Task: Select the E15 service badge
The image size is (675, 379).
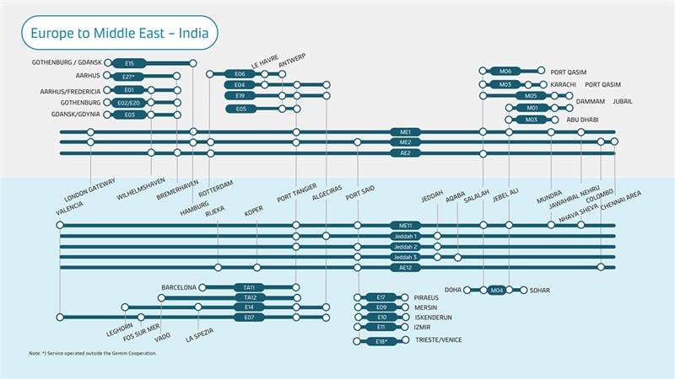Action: (x=130, y=63)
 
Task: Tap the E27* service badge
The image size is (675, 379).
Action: (x=130, y=77)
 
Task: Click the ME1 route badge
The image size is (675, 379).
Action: (x=405, y=132)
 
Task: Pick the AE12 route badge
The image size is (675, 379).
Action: (x=405, y=267)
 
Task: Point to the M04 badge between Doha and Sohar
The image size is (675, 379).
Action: (x=497, y=290)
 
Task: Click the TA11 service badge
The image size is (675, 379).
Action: (x=250, y=287)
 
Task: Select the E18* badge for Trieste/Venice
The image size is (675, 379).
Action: (x=381, y=341)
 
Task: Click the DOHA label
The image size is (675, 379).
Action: (x=453, y=290)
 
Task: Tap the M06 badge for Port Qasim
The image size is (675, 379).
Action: (x=505, y=72)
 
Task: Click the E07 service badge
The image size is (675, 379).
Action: (x=250, y=318)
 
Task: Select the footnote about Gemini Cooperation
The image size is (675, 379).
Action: (x=93, y=353)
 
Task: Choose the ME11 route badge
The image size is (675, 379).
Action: (x=405, y=226)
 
